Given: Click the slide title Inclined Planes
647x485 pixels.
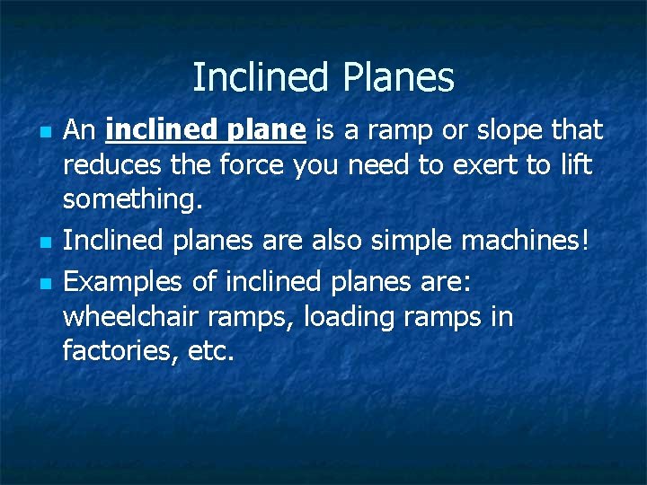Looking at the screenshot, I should point(323,78).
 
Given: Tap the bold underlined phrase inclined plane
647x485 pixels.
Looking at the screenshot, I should point(206,131).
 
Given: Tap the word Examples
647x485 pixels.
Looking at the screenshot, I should point(124,283).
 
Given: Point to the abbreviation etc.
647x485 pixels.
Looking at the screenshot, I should point(212,351).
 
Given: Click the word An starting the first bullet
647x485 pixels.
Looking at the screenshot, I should point(80,131).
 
